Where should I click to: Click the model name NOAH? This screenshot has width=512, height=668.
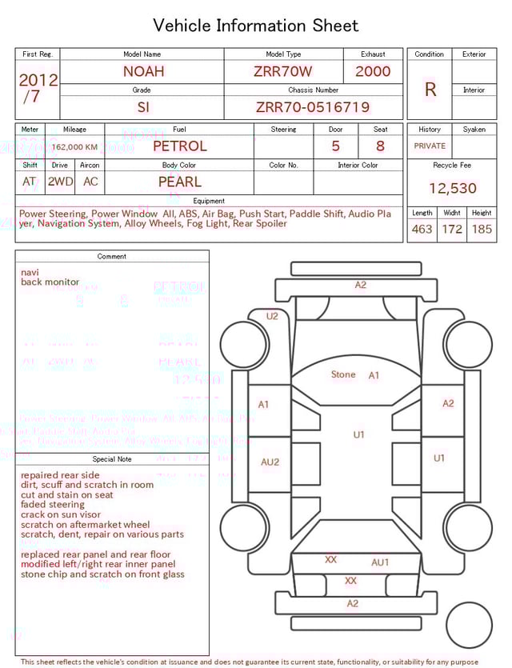tap(143, 71)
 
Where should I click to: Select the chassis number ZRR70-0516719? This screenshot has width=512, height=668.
tap(313, 107)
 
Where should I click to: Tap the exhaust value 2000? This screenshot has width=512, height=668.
tap(373, 71)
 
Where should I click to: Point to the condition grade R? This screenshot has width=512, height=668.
tap(430, 90)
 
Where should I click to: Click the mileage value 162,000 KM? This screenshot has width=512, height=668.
tap(75, 147)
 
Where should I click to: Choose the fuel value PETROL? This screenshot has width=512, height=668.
tap(179, 146)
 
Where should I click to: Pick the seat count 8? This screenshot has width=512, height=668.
tap(380, 146)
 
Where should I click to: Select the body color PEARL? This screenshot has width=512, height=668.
tap(179, 182)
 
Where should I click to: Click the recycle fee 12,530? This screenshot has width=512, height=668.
tap(452, 189)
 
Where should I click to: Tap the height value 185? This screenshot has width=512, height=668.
tap(482, 230)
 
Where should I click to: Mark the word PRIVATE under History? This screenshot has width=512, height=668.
tap(430, 146)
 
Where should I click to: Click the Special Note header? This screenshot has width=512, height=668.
tap(112, 459)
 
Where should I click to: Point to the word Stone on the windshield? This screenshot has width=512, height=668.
tap(343, 374)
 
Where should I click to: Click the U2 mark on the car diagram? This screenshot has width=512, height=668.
tap(272, 316)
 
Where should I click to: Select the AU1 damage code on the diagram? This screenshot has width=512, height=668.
tap(380, 562)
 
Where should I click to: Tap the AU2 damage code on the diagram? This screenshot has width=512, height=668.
tap(270, 462)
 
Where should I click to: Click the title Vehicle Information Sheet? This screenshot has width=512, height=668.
tap(256, 26)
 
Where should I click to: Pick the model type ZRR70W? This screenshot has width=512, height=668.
tap(283, 71)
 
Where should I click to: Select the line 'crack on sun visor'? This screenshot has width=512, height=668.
tap(61, 514)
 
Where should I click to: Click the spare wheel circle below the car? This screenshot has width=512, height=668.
tap(469, 625)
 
